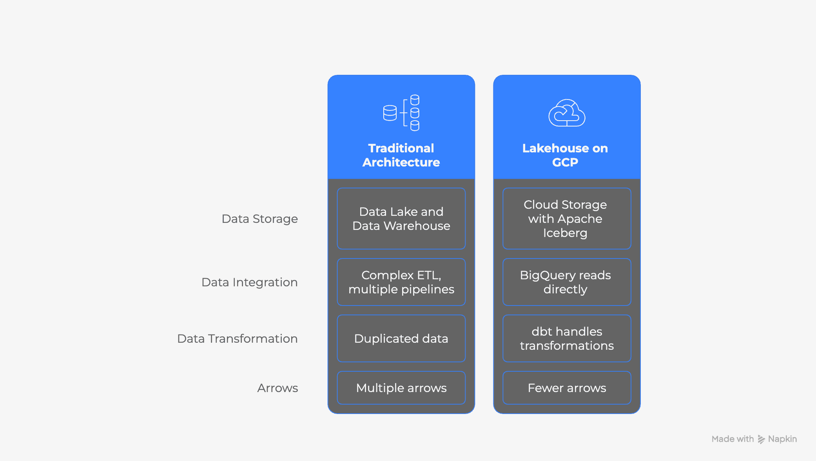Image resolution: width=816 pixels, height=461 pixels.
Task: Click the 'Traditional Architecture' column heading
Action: point(401,155)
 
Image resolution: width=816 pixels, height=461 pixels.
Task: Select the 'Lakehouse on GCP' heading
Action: point(565,155)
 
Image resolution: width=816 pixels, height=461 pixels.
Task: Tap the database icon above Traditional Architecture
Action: point(401,113)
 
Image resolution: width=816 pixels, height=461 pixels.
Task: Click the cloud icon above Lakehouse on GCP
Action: point(567,113)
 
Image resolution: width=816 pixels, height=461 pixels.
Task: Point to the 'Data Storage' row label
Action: point(259,219)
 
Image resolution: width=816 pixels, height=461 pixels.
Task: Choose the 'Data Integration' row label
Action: point(249,282)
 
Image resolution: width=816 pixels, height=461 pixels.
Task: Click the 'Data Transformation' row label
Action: point(237,338)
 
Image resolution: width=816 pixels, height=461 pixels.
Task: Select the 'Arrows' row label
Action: point(277,388)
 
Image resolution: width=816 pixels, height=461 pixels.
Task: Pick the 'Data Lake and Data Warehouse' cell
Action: point(401,219)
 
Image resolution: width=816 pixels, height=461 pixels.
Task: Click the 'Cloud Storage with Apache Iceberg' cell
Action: point(567,219)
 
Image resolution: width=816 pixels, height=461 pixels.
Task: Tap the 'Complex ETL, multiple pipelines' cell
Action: point(401,282)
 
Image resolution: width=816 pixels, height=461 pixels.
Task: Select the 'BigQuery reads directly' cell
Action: point(567,282)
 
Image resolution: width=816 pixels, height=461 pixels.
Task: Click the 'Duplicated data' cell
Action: point(401,338)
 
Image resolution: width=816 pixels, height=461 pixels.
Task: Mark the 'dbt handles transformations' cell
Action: point(567,338)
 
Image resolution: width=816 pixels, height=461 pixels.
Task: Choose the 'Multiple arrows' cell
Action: point(401,388)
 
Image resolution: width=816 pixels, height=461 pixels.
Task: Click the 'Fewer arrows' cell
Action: point(567,388)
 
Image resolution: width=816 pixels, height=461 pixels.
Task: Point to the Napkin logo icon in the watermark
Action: point(761,439)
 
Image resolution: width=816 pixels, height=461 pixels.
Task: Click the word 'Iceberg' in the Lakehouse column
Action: point(565,233)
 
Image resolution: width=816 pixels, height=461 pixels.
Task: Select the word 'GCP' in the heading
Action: point(565,162)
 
